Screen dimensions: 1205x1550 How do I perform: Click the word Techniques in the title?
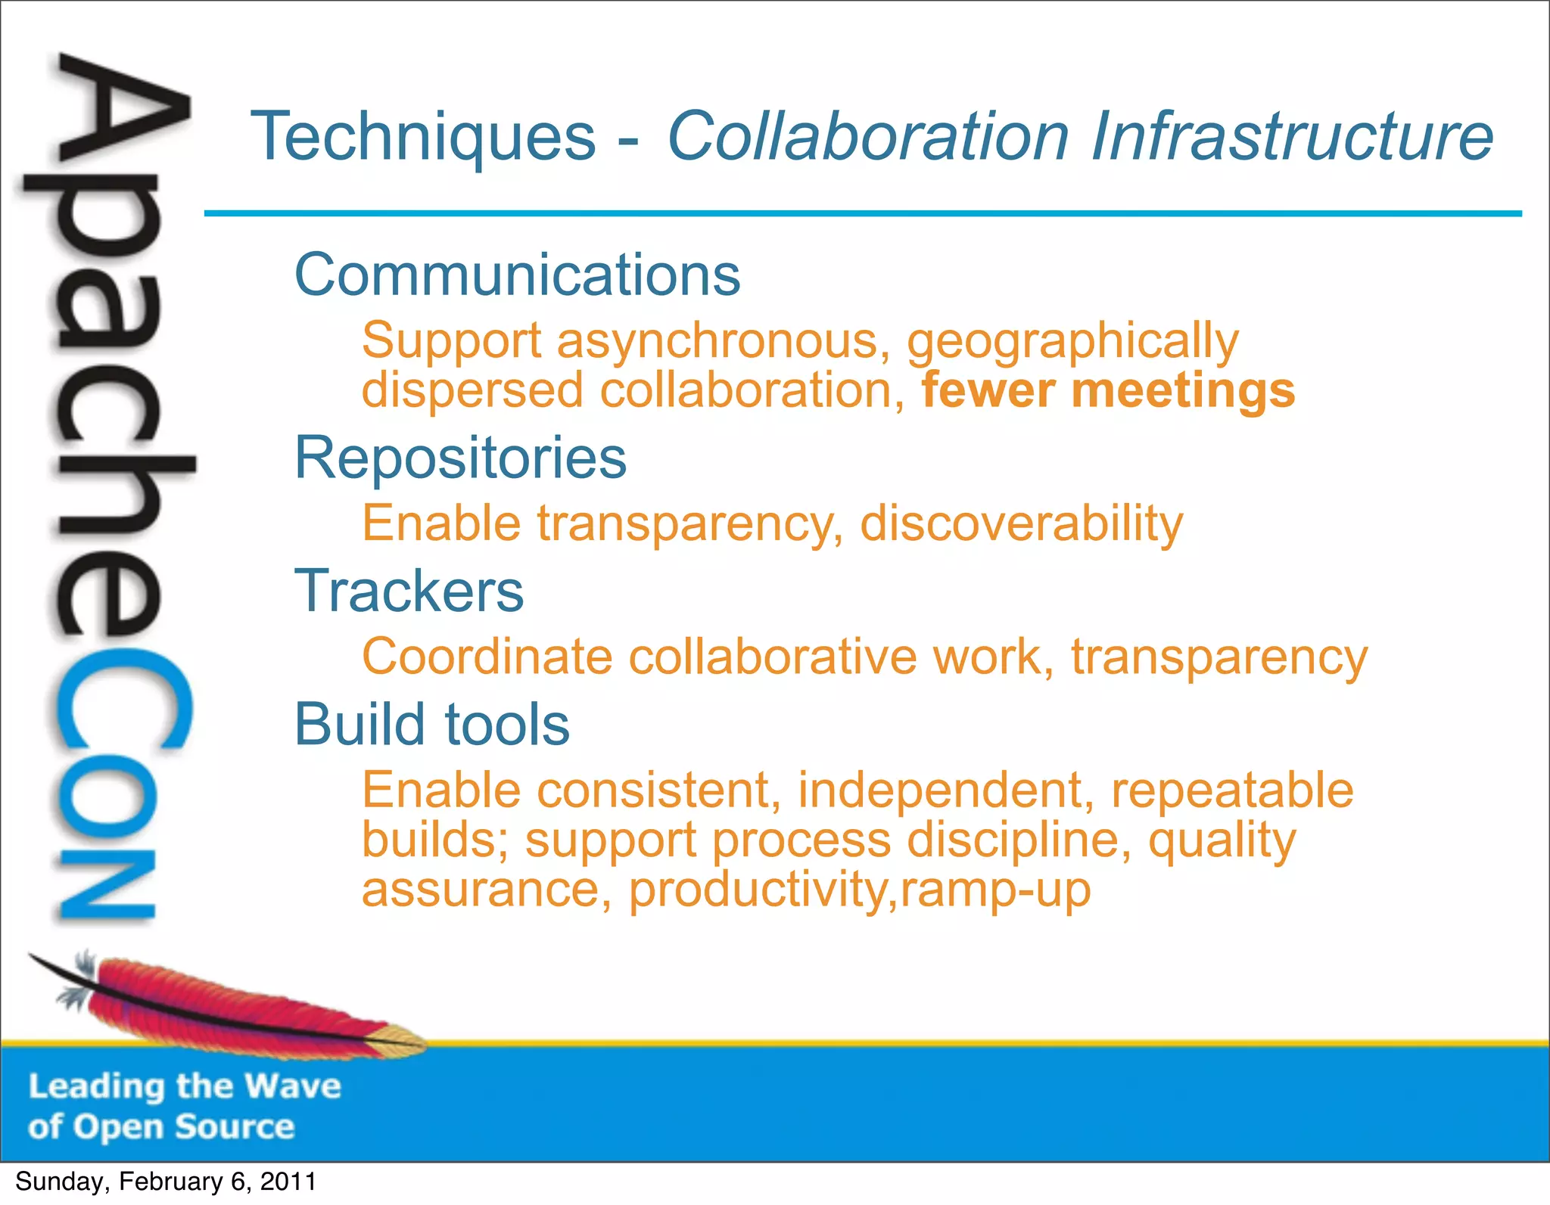[x=423, y=137]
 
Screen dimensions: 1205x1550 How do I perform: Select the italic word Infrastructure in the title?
[x=1292, y=137]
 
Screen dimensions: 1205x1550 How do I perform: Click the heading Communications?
[x=517, y=275]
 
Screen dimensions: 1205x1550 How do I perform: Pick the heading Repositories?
[x=460, y=458]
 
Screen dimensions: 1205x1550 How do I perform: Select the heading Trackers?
[x=409, y=591]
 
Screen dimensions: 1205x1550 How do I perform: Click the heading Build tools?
[x=431, y=724]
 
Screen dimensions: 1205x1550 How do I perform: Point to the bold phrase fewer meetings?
[x=1108, y=391]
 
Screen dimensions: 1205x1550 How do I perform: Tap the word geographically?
[x=1072, y=342]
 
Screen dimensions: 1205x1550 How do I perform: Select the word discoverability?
[x=1021, y=523]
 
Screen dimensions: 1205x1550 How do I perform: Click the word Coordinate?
[x=487, y=657]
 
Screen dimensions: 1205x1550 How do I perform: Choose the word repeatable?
[x=1231, y=790]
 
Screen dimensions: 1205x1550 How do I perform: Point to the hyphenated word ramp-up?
[x=995, y=890]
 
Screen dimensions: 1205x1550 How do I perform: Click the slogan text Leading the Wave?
[x=185, y=1087]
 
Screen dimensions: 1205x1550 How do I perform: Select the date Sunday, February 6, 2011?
[x=165, y=1182]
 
